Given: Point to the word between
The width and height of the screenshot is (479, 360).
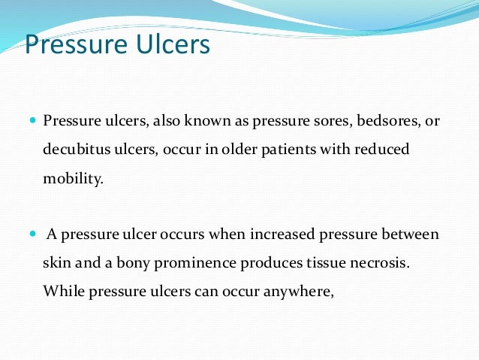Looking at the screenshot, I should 411,234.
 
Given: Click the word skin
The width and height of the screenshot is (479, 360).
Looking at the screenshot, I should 55,263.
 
